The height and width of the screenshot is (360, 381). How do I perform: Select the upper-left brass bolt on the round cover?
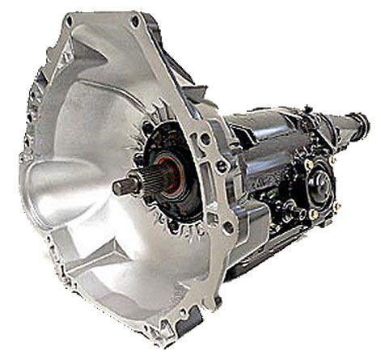coord(308,165)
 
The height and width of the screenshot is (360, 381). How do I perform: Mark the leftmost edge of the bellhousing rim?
coord(22,162)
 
